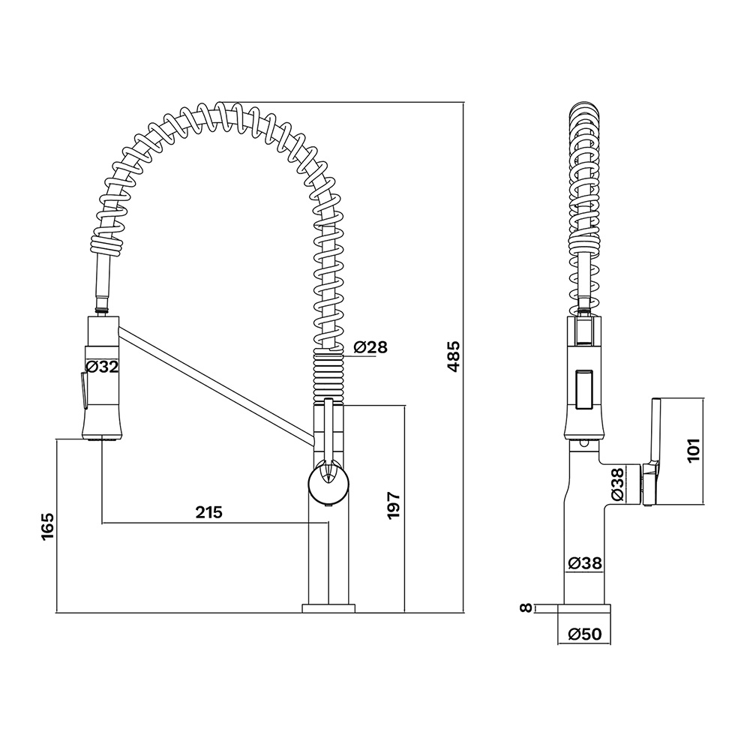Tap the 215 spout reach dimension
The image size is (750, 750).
[209, 512]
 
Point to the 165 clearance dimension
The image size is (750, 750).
[48, 526]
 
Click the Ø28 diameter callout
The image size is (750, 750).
[370, 346]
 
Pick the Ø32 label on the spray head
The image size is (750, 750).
[101, 367]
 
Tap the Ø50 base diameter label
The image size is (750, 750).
[584, 634]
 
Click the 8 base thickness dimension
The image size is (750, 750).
[526, 608]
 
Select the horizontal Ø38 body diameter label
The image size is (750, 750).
[584, 563]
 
